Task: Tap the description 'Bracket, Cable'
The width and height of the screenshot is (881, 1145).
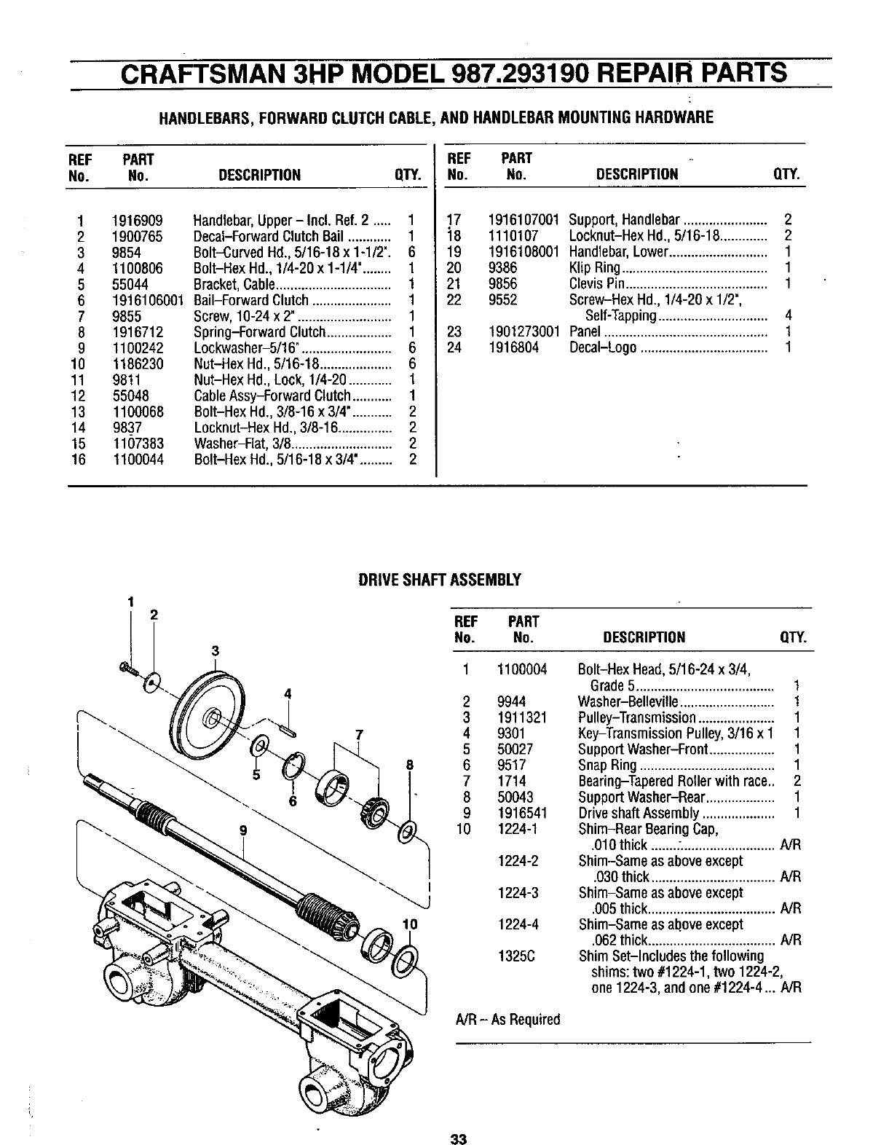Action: point(234,285)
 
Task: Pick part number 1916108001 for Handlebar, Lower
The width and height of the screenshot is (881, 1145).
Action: point(524,252)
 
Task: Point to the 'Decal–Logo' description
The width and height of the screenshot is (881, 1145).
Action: point(602,348)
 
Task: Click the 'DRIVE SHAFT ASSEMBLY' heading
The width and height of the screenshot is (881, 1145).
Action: point(440,580)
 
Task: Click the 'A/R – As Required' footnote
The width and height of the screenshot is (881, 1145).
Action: point(507,1020)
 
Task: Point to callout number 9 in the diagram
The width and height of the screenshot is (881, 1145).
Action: point(242,829)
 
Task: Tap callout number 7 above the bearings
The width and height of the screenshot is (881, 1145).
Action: point(359,734)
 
